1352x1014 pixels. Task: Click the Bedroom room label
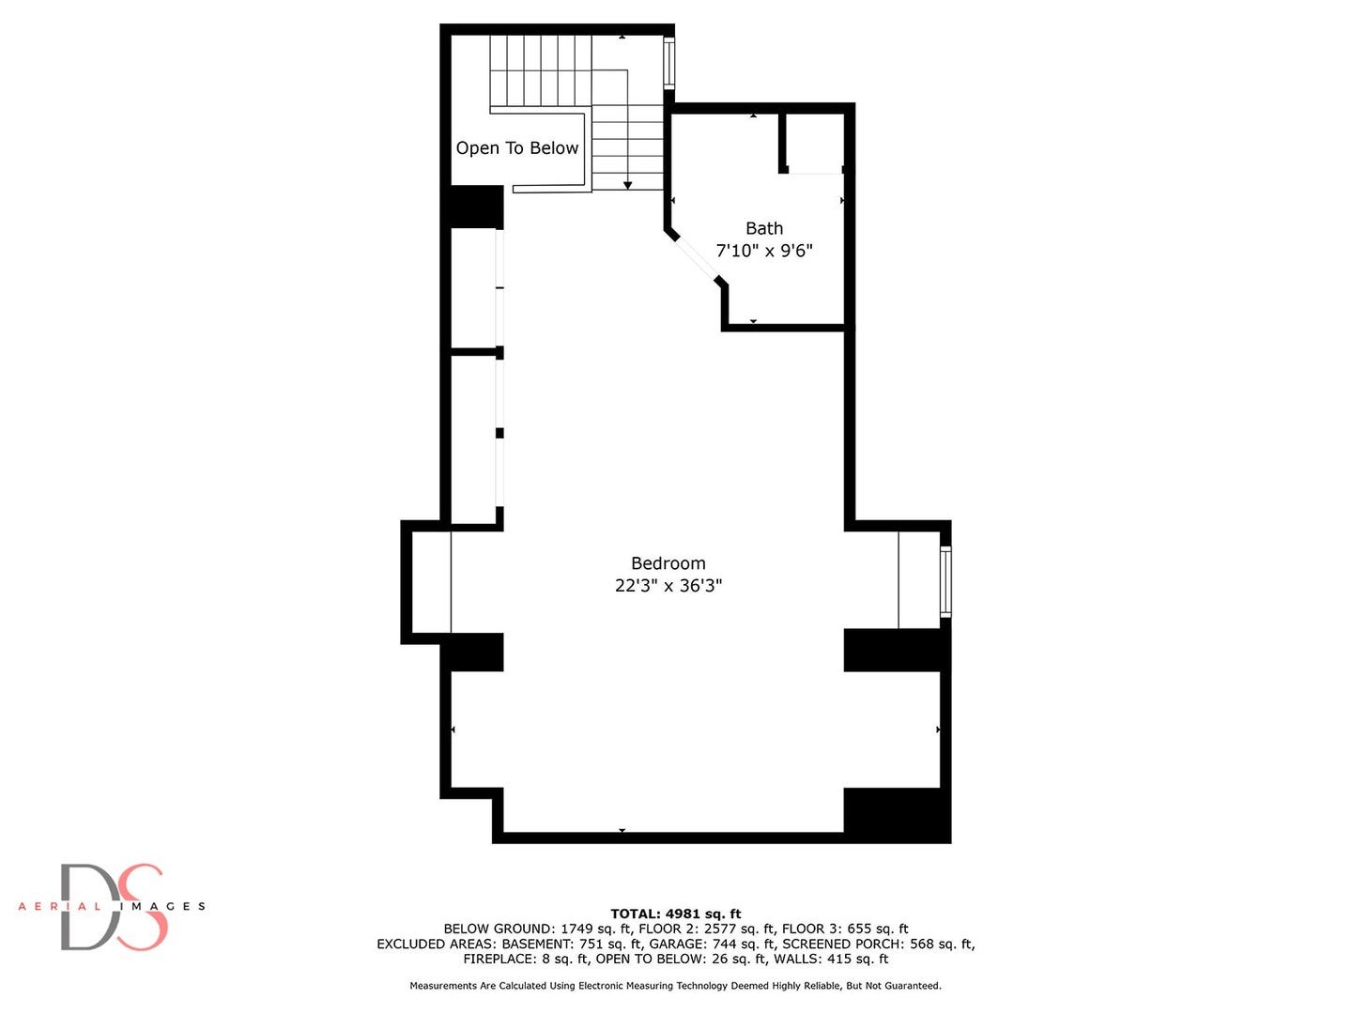coord(668,563)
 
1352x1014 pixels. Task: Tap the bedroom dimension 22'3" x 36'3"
coord(668,586)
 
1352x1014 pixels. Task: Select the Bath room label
coord(763,228)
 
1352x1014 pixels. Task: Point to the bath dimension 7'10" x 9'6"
coord(763,251)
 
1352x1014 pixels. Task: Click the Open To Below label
coord(516,148)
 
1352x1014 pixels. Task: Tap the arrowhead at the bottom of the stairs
coord(627,185)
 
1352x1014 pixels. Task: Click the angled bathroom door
coord(697,257)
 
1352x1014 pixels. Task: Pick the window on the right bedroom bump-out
coord(945,581)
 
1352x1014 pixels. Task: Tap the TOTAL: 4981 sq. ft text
coord(675,914)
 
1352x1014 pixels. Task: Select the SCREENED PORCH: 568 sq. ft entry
coord(878,944)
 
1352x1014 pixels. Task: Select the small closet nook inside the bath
coord(814,143)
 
